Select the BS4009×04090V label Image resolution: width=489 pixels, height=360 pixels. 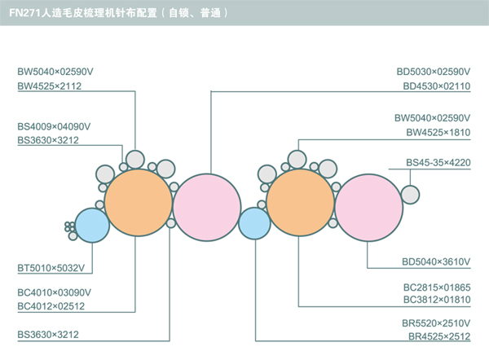click(54, 126)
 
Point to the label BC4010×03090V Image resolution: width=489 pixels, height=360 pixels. click(54, 292)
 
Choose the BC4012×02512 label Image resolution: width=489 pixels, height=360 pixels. click(51, 306)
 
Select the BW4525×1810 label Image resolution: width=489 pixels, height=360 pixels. click(438, 132)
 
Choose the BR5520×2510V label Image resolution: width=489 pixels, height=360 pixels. click(438, 323)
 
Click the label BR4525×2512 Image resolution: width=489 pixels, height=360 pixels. click(439, 336)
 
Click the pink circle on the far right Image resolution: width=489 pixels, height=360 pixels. click(368, 208)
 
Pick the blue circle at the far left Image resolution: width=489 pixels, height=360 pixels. click(92, 226)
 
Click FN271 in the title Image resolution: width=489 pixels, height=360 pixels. click(24, 13)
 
